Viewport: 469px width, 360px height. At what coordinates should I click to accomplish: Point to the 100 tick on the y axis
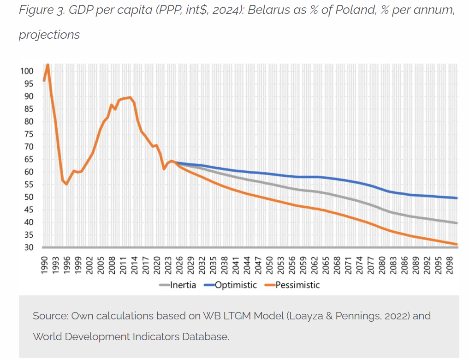pyautogui.click(x=27, y=71)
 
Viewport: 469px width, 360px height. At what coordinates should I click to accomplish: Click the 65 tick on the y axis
pyautogui.click(x=29, y=159)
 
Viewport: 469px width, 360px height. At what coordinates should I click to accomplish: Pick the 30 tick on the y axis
pyautogui.click(x=29, y=247)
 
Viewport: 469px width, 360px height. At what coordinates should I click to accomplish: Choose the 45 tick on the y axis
pyautogui.click(x=29, y=210)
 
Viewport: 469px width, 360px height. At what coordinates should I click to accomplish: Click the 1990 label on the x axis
pyautogui.click(x=44, y=265)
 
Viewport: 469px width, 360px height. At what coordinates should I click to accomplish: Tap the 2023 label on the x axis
pyautogui.click(x=168, y=265)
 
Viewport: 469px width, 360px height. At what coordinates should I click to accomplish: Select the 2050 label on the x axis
pyautogui.click(x=270, y=265)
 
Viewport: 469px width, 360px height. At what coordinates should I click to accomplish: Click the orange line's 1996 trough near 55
pyautogui.click(x=66, y=184)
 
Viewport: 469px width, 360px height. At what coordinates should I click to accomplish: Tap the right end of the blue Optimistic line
pyautogui.click(x=457, y=198)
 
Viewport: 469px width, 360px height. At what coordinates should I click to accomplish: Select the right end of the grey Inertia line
pyautogui.click(x=457, y=223)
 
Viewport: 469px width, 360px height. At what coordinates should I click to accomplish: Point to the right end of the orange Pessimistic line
pyautogui.click(x=457, y=244)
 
